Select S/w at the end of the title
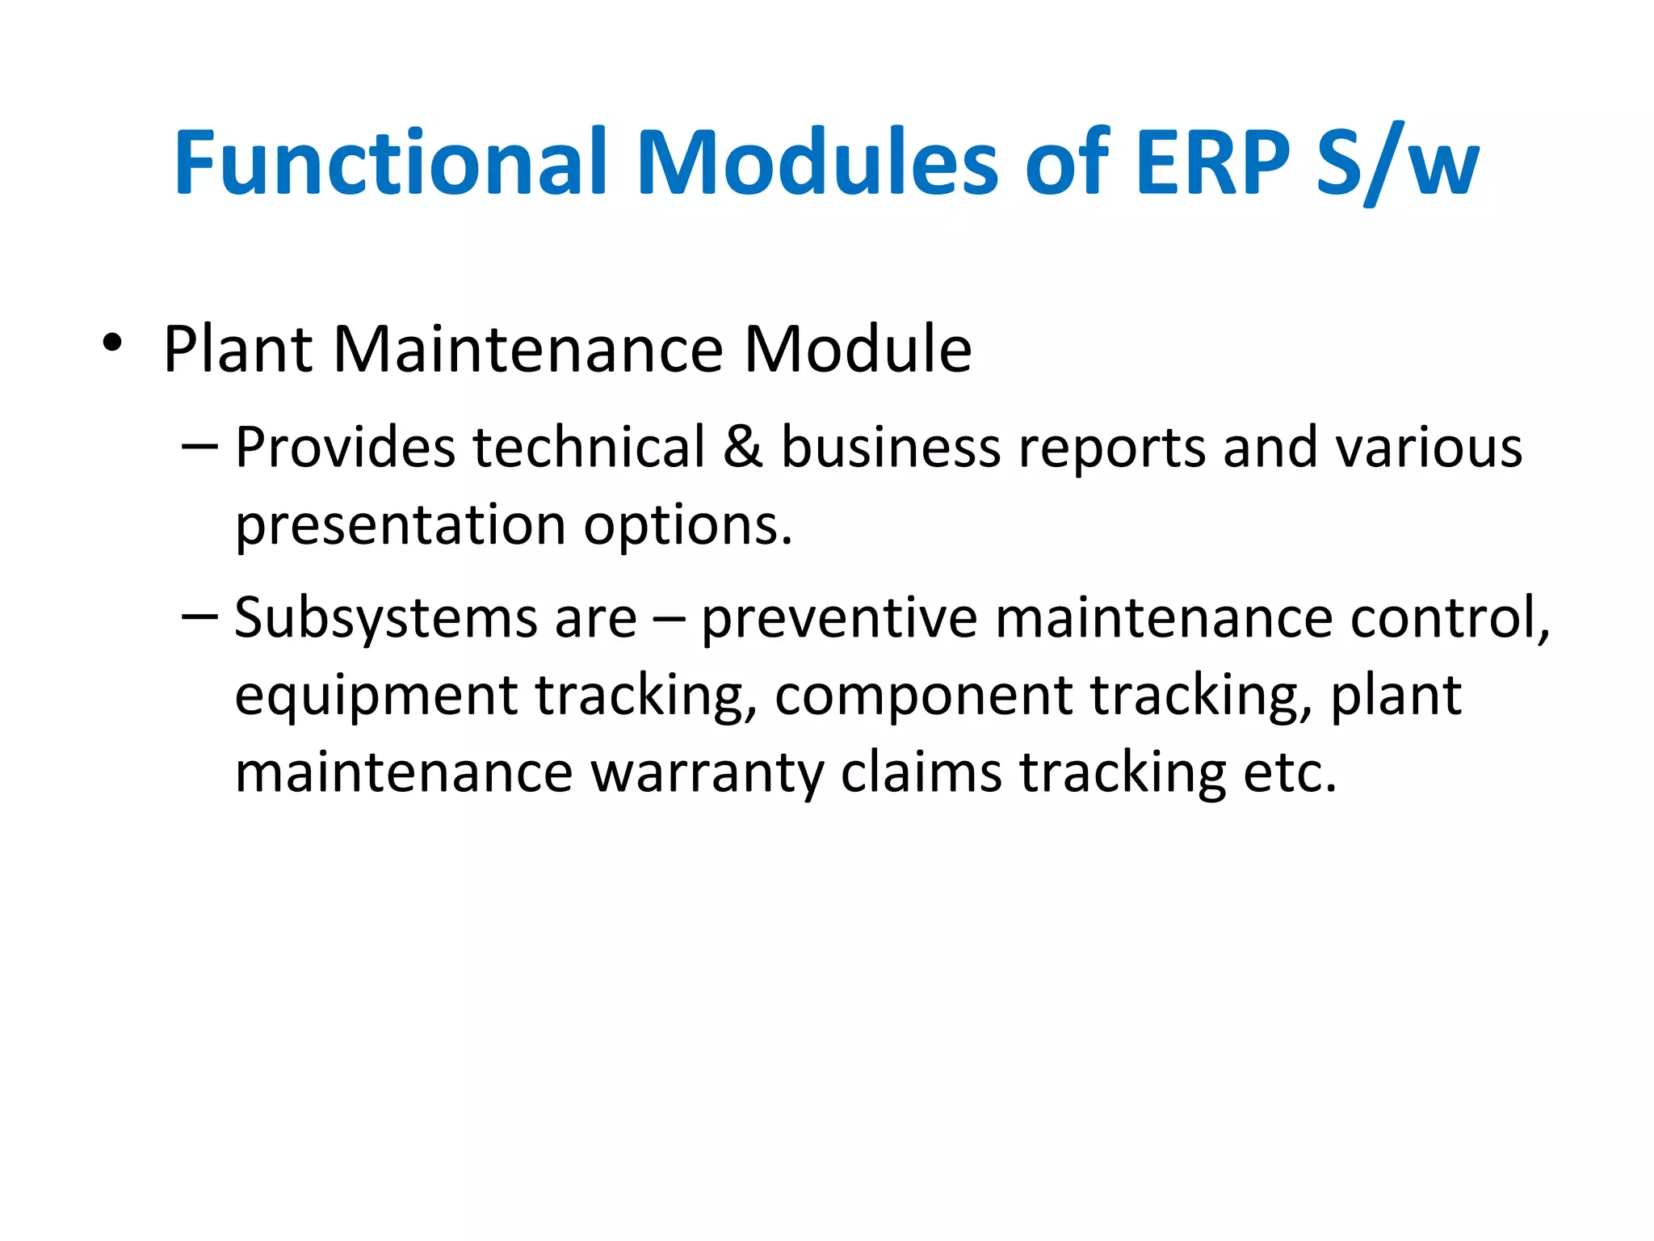point(1398,165)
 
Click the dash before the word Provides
point(199,447)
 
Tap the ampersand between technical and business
point(742,447)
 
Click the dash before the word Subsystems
point(199,617)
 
